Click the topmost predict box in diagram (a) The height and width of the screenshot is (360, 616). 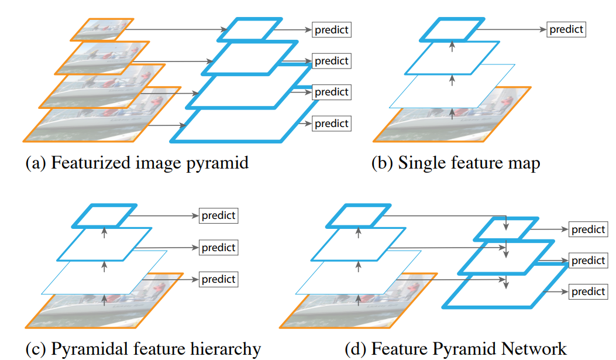(x=332, y=30)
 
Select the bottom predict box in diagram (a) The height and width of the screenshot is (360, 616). (x=332, y=124)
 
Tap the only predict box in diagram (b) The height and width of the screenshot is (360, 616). (x=566, y=29)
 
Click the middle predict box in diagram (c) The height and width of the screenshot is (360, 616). (x=219, y=248)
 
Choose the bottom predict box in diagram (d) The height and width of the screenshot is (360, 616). (x=589, y=292)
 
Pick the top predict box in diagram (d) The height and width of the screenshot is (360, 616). (x=589, y=229)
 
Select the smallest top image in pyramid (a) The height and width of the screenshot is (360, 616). (x=104, y=29)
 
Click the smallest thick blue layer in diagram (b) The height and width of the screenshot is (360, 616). (x=454, y=29)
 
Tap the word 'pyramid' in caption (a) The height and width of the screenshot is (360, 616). (x=220, y=163)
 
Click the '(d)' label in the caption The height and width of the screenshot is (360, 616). (x=355, y=349)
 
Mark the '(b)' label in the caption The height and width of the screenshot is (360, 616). (x=382, y=162)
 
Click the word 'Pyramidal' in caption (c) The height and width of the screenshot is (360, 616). (x=88, y=349)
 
